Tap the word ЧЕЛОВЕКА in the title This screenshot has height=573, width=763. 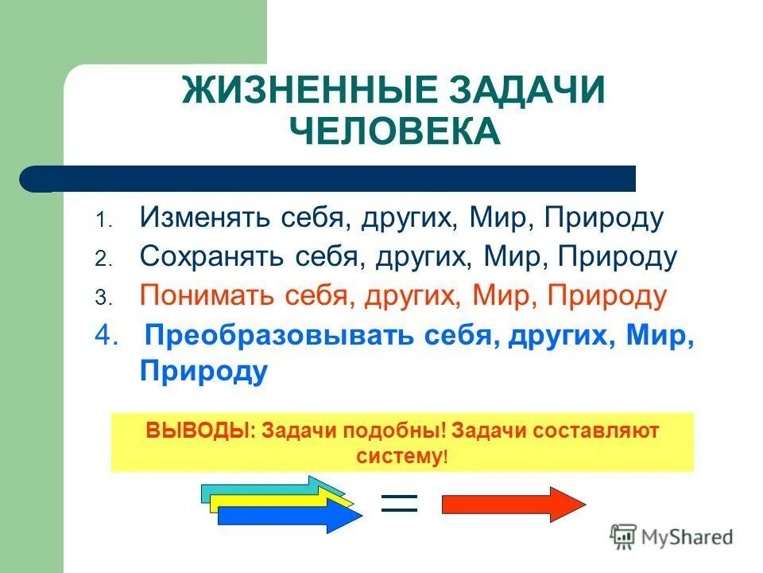click(394, 131)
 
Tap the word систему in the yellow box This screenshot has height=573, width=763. click(398, 457)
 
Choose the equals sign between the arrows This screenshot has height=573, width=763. click(399, 502)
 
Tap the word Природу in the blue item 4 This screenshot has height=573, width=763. click(203, 372)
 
